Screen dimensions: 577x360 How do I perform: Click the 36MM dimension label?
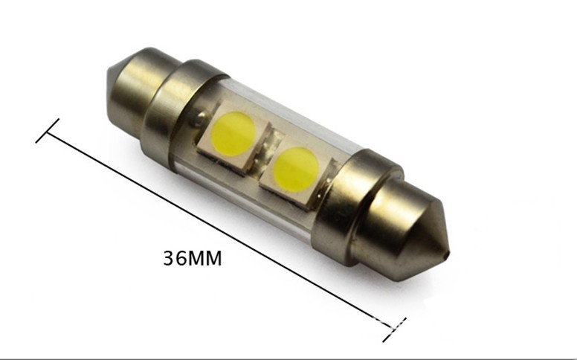click(193, 258)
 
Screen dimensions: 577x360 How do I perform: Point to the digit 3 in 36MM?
click(169, 258)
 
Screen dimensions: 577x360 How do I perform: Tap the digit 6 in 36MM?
click(181, 258)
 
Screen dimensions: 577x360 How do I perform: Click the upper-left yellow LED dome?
click(233, 132)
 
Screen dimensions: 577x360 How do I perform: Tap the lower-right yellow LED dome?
click(296, 169)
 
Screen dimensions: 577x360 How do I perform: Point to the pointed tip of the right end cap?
click(448, 253)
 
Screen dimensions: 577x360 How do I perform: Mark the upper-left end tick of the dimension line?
click(47, 131)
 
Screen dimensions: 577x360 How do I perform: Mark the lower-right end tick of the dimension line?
click(394, 330)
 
